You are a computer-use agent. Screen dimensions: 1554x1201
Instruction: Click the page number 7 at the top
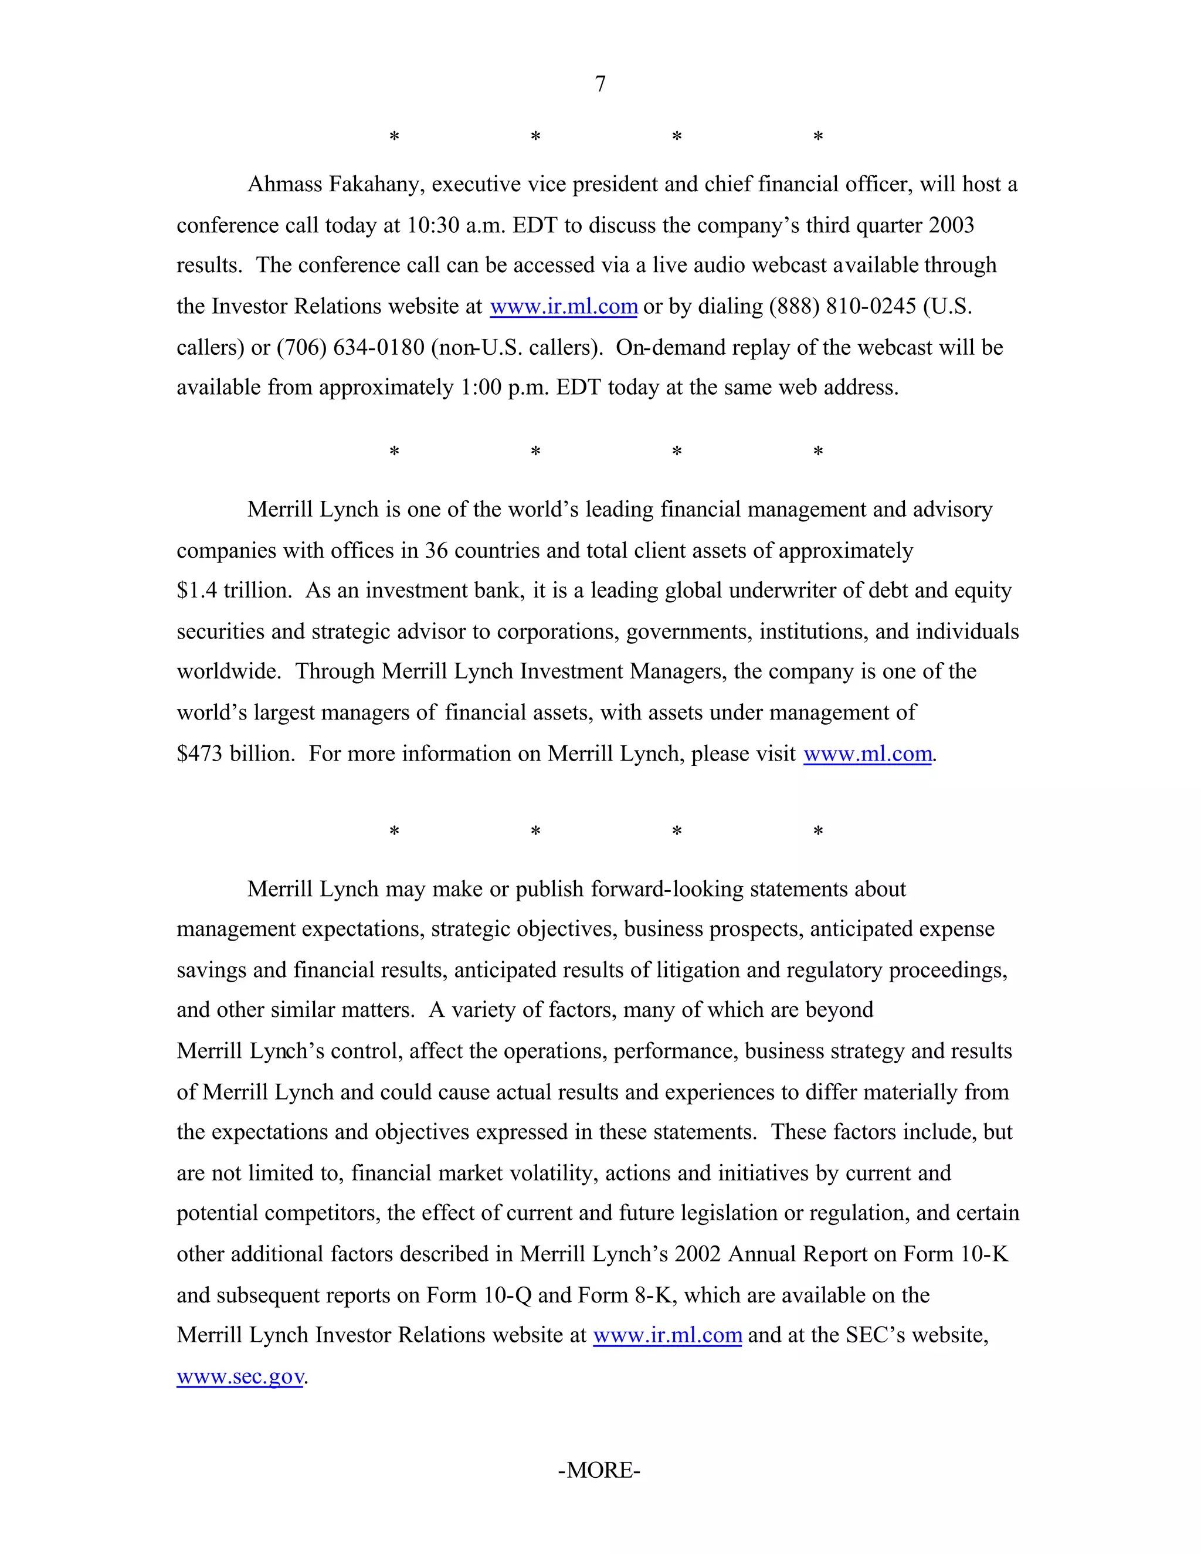600,84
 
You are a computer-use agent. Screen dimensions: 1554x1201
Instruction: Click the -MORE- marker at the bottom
599,1470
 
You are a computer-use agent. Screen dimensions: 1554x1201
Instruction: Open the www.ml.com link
867,754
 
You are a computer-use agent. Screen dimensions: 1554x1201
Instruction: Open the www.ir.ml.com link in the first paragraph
564,307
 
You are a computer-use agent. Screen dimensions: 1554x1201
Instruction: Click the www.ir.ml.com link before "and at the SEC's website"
667,1335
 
